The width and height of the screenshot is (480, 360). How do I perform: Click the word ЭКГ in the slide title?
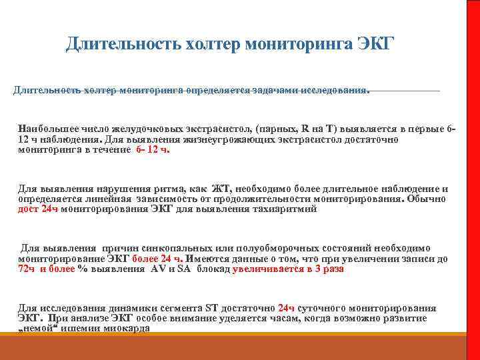[376, 45]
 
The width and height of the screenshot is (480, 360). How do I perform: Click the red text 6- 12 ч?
[153, 151]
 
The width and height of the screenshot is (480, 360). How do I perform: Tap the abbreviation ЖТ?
[220, 189]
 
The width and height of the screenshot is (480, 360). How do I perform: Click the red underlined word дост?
[29, 209]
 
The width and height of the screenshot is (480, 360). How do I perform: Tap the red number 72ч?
[27, 269]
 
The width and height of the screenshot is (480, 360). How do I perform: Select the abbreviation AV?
[159, 269]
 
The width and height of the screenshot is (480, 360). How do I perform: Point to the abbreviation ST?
[211, 308]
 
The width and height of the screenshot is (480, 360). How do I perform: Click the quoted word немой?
[37, 329]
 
